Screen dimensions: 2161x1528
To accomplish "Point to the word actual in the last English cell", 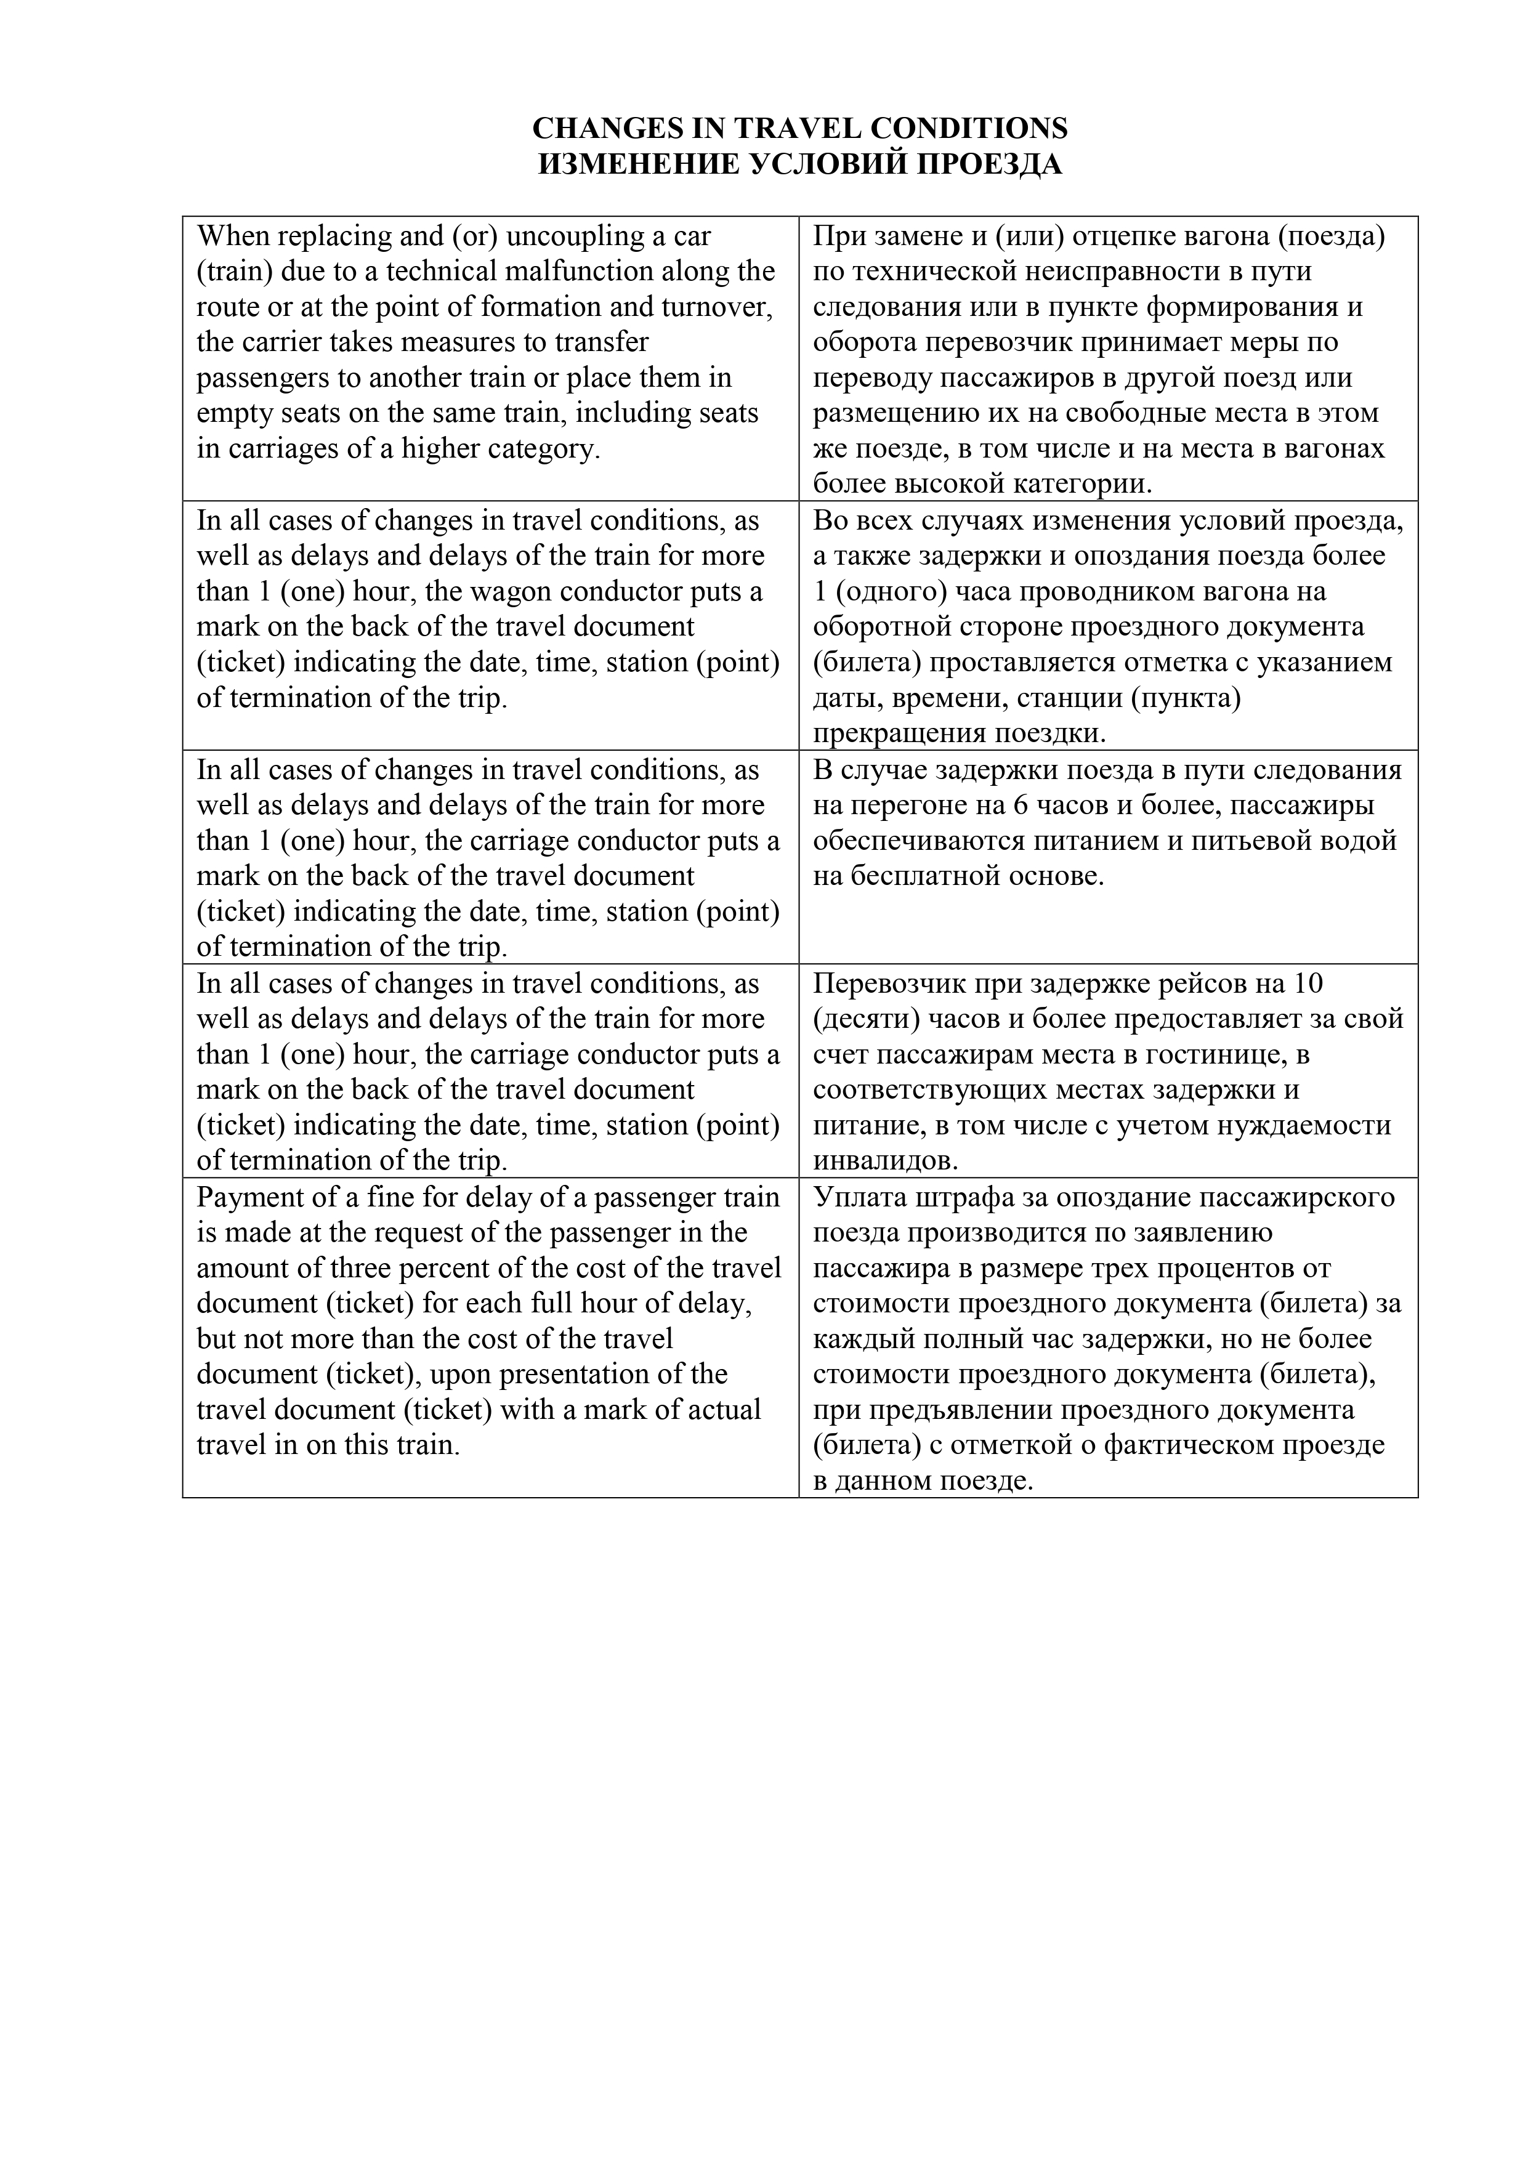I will coord(721,1410).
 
